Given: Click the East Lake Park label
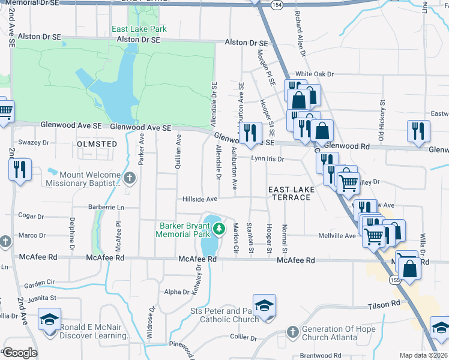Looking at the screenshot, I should [139, 29].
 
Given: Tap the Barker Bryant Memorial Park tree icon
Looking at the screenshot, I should [220, 228].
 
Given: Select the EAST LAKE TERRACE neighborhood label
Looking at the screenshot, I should [292, 193].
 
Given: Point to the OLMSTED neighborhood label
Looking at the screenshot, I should [97, 144].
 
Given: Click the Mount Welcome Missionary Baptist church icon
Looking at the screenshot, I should [130, 177].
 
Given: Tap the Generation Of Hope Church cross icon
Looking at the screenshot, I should [292, 331].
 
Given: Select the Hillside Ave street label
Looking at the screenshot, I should [200, 199].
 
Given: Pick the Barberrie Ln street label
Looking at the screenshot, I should [103, 207].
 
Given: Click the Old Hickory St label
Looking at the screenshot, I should [381, 125].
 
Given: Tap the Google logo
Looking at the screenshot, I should [20, 353].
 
